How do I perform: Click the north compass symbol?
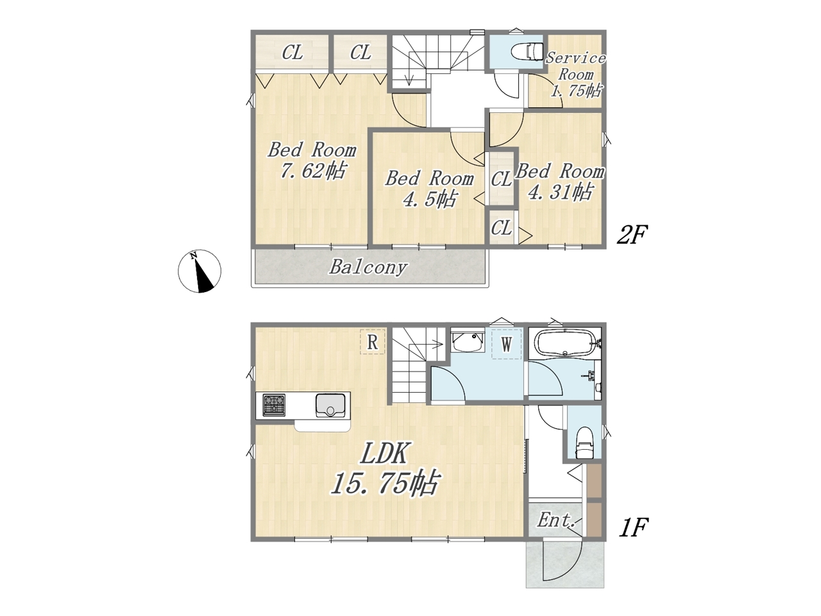pyautogui.click(x=199, y=271)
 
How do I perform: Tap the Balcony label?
pyautogui.click(x=368, y=268)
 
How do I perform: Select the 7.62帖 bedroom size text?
pyautogui.click(x=313, y=171)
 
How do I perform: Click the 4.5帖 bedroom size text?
pyautogui.click(x=429, y=199)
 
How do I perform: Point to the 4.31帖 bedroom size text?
pyautogui.click(x=560, y=192)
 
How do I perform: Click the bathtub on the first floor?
pyautogui.click(x=565, y=343)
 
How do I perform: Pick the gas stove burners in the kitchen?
pyautogui.click(x=274, y=405)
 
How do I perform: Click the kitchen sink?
pyautogui.click(x=330, y=405)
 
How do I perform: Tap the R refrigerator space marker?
pyautogui.click(x=372, y=342)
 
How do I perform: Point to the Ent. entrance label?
pyautogui.click(x=556, y=520)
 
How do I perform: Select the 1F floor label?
pyautogui.click(x=634, y=527)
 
